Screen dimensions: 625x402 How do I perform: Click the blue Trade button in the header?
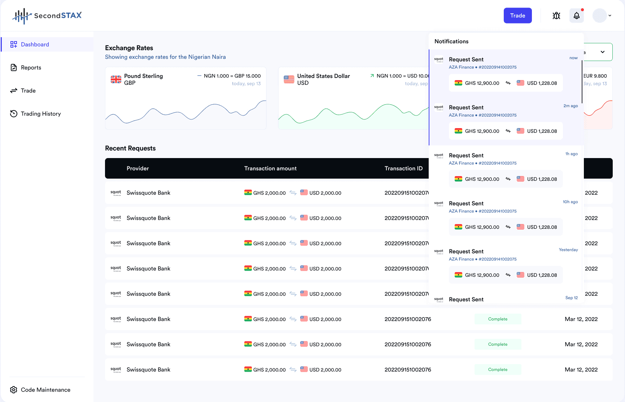pyautogui.click(x=517, y=16)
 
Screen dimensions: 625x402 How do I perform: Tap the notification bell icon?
pyautogui.click(x=577, y=16)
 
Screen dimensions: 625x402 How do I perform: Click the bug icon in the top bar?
pyautogui.click(x=556, y=16)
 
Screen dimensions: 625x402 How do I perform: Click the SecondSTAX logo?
pyautogui.click(x=47, y=16)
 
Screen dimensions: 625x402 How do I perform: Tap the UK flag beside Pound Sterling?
pyautogui.click(x=116, y=79)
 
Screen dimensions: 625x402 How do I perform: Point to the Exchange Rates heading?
pyautogui.click(x=129, y=48)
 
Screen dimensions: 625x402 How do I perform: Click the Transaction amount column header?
pyautogui.click(x=270, y=169)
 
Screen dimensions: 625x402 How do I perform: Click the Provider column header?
pyautogui.click(x=137, y=169)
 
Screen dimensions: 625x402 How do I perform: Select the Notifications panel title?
pyautogui.click(x=451, y=41)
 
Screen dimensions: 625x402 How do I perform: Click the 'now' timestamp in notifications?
pyautogui.click(x=573, y=58)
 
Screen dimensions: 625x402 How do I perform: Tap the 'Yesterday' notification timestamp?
pyautogui.click(x=568, y=250)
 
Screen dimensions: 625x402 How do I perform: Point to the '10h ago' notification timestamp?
pyautogui.click(x=570, y=202)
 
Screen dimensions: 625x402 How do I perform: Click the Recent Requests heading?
pyautogui.click(x=130, y=148)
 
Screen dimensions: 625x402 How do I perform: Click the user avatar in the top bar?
pyautogui.click(x=599, y=16)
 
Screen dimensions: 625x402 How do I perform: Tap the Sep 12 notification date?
pyautogui.click(x=572, y=298)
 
